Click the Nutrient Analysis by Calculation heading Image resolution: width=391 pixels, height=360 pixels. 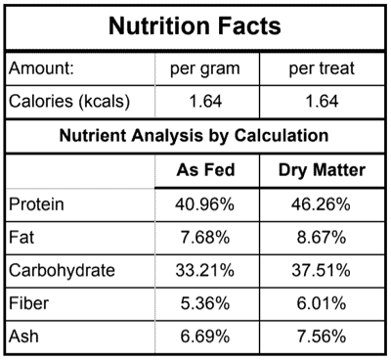click(x=195, y=136)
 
